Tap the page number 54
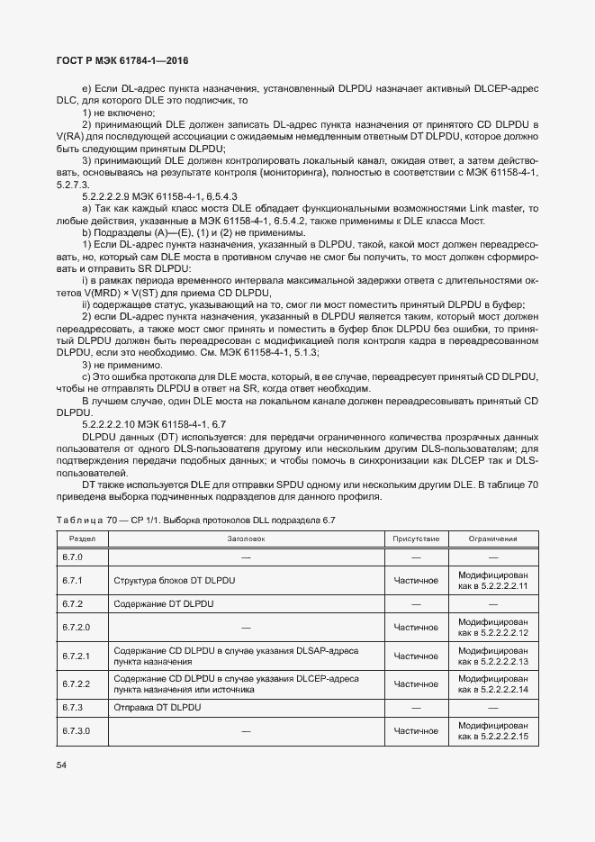[62, 765]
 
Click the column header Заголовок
[245, 539]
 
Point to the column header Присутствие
[415, 539]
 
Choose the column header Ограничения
[492, 539]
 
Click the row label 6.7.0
[72, 557]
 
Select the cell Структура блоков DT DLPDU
[175, 581]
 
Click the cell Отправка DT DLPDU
[158, 708]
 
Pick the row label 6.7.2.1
[77, 656]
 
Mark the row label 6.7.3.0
[77, 731]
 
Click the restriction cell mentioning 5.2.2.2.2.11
[492, 581]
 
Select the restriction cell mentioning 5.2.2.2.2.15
[492, 731]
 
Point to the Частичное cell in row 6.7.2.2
[415, 684]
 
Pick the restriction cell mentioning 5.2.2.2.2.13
[492, 656]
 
